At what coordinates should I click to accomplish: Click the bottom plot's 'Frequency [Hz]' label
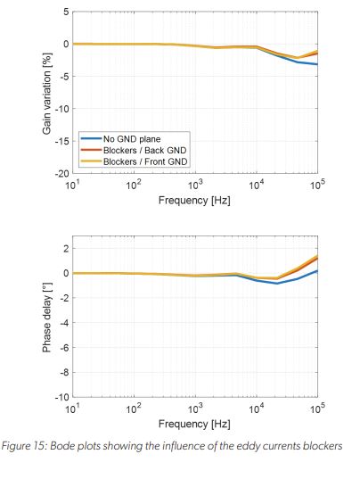pyautogui.click(x=194, y=424)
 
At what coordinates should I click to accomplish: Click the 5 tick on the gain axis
pyautogui.click(x=64, y=12)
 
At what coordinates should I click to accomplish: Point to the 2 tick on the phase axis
pyautogui.click(x=64, y=248)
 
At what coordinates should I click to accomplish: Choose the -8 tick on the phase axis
pyautogui.click(x=61, y=372)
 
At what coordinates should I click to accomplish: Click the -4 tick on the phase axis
pyautogui.click(x=61, y=322)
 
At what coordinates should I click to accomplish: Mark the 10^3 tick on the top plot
pyautogui.click(x=194, y=185)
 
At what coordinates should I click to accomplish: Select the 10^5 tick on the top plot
pyautogui.click(x=316, y=185)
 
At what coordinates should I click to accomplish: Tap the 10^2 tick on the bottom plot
pyautogui.click(x=134, y=409)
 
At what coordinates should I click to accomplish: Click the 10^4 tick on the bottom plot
pyautogui.click(x=256, y=409)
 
